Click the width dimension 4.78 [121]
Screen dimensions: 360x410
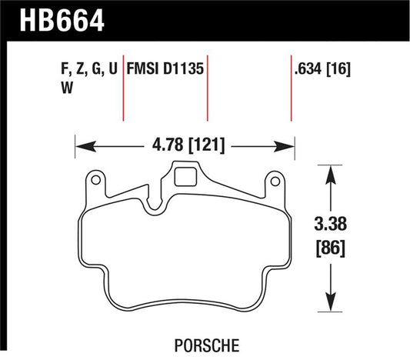point(185,144)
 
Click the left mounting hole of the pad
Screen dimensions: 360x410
point(95,182)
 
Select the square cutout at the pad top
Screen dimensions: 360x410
point(185,178)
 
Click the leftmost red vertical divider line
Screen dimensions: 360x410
point(124,88)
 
